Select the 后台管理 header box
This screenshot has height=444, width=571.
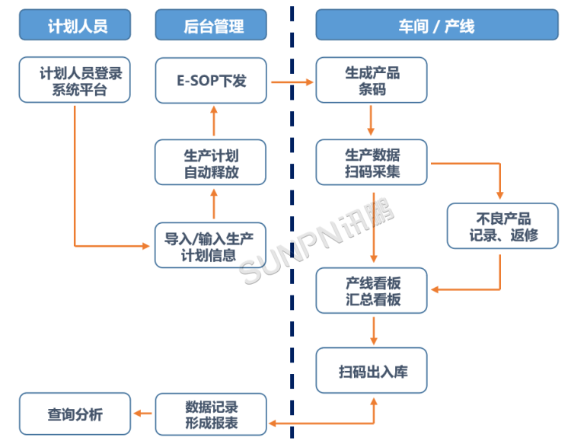click(x=211, y=26)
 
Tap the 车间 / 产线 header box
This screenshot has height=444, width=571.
click(x=436, y=26)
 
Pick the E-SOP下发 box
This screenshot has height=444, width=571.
click(x=211, y=80)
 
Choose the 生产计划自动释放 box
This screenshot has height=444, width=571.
click(x=211, y=162)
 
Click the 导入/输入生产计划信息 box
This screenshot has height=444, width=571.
click(x=211, y=245)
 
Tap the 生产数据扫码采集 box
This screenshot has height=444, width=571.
click(x=372, y=162)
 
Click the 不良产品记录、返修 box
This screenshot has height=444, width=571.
click(x=502, y=226)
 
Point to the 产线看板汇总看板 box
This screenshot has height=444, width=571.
click(x=372, y=291)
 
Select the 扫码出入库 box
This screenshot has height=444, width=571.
click(x=372, y=371)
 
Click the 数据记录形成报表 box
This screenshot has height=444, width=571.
click(x=211, y=414)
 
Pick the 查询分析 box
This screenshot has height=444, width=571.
click(x=75, y=414)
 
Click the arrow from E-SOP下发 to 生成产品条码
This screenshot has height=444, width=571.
click(x=291, y=81)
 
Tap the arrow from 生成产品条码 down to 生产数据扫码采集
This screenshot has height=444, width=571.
click(x=372, y=120)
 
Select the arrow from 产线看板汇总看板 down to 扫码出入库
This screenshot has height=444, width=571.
click(x=373, y=330)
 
